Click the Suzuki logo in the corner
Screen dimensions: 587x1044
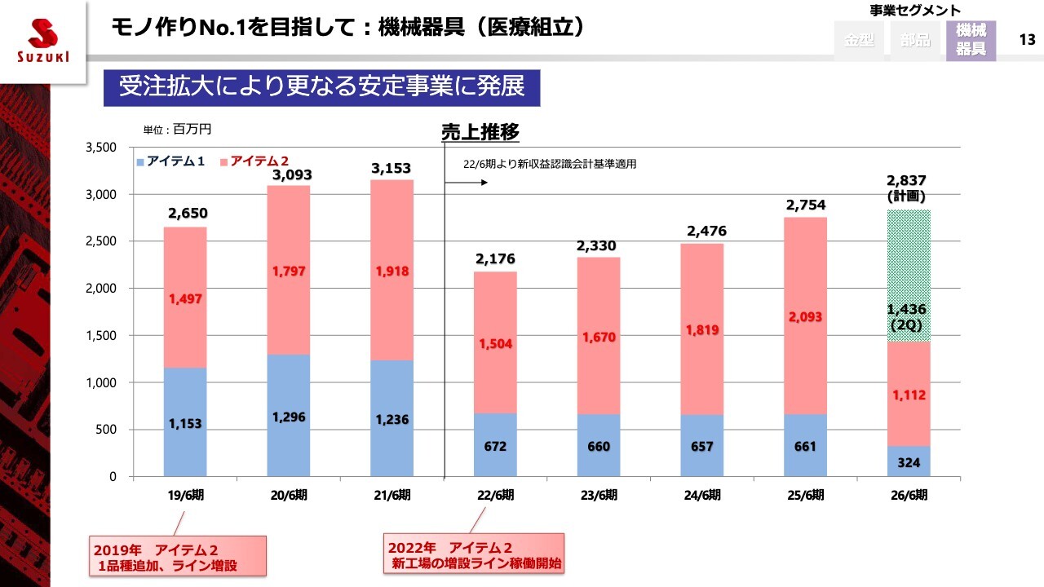pos(42,41)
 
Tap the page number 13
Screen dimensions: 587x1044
pos(1028,39)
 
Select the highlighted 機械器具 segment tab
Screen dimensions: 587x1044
pos(971,40)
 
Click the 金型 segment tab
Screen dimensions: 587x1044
pos(860,40)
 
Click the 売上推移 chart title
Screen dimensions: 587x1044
pos(480,132)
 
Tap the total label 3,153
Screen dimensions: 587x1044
pos(391,168)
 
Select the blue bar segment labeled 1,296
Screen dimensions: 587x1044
pos(289,416)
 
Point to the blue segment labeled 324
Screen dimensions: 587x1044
pos(909,461)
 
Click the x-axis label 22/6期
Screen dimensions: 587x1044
pos(495,494)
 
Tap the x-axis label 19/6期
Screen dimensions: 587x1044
pos(185,494)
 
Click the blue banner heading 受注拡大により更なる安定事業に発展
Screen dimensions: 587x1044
pos(321,87)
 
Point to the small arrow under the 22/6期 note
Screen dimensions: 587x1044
pos(477,183)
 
